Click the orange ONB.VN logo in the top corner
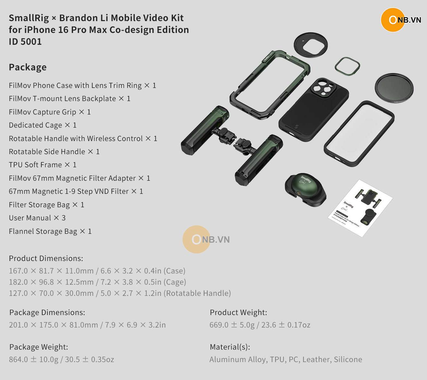401,20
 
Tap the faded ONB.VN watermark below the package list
206,239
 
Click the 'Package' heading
28,67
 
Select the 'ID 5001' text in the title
25,42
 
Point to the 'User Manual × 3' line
37,218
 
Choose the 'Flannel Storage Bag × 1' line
50,231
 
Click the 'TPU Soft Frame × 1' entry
43,165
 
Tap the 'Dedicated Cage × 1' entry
43,125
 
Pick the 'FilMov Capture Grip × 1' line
50,112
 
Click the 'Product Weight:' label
238,313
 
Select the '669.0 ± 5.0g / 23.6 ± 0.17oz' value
260,325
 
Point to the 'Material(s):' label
230,347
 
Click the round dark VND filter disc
394,88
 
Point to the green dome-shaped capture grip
305,190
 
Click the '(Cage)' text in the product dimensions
175,282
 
